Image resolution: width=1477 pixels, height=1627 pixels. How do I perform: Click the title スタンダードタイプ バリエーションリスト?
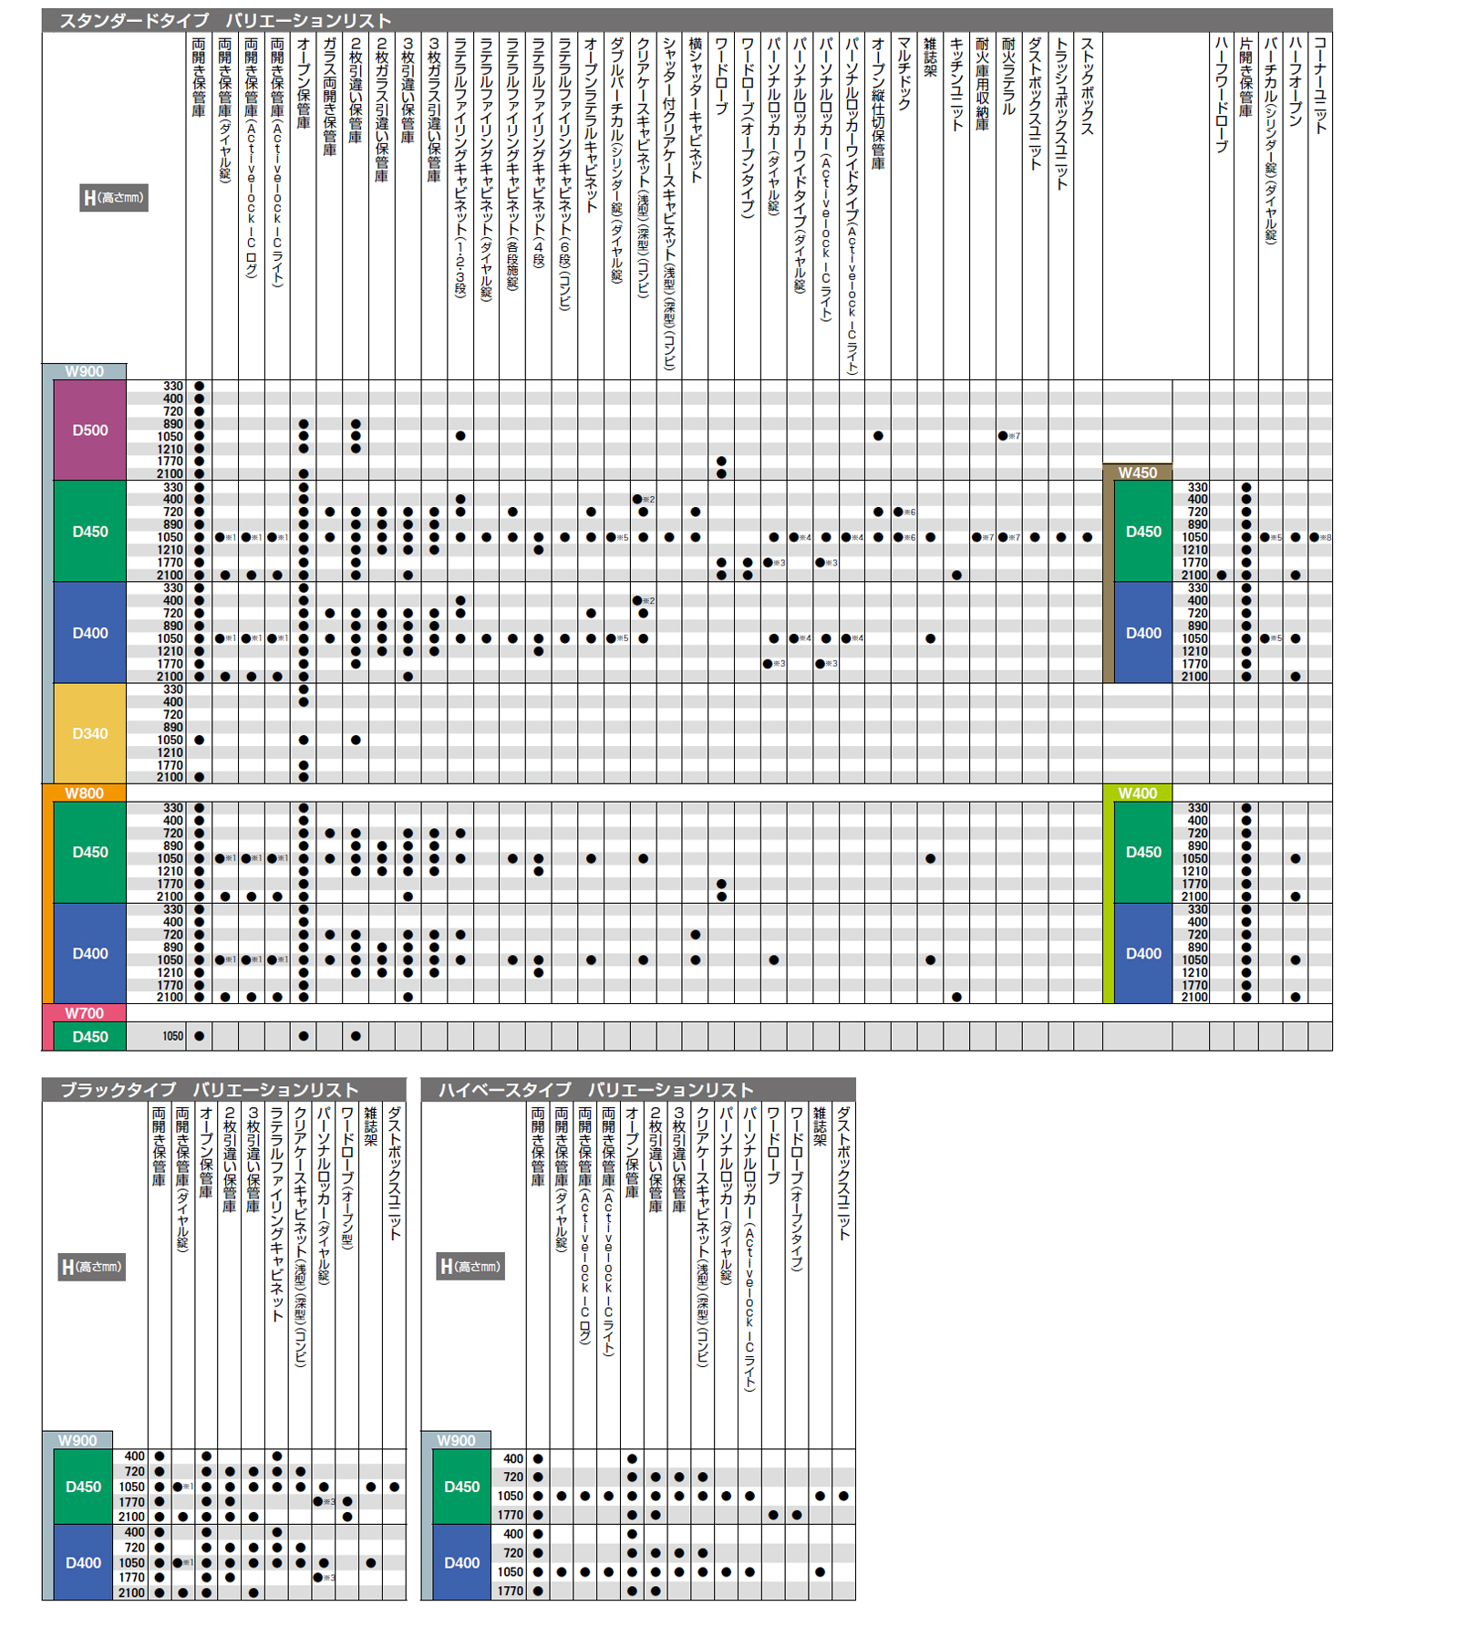pos(225,20)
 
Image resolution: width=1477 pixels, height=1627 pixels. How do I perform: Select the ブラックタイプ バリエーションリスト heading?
pos(209,1090)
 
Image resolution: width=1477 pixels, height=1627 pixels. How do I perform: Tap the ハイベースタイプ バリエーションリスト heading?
pos(595,1090)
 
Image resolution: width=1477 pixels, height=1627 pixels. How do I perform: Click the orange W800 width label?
pos(84,793)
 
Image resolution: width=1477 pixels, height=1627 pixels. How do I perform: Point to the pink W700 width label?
pos(84,1013)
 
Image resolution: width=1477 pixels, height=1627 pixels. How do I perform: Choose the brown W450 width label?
pos(1137,472)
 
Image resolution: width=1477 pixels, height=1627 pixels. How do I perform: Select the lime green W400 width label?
pos(1137,793)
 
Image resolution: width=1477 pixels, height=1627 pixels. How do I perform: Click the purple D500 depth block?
pos(89,430)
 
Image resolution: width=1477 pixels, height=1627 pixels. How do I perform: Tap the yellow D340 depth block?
pos(89,733)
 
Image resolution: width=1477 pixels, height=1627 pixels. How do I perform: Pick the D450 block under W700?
pos(89,1037)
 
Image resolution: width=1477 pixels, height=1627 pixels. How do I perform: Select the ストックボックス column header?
pos(1087,87)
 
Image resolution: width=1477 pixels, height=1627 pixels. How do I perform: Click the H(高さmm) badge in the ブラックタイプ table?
pos(91,1267)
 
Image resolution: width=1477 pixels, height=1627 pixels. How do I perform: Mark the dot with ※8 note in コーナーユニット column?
pos(1314,537)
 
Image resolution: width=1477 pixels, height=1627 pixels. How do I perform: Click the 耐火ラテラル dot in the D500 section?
pos(1003,436)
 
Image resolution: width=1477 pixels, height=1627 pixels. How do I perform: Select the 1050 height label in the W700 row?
pos(172,1037)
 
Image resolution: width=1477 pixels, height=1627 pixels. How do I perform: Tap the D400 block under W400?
pos(1143,953)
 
